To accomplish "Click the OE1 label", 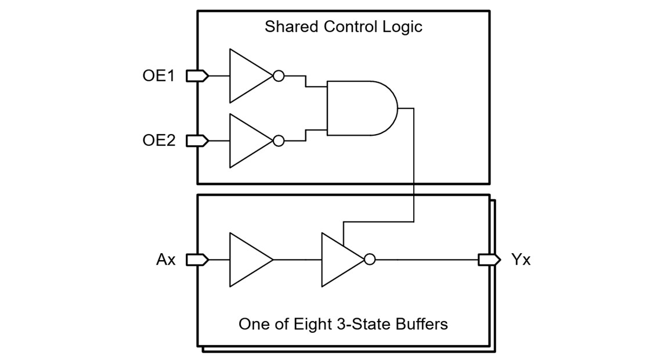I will (x=158, y=76).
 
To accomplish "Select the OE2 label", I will (x=158, y=141).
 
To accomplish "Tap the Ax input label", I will (x=165, y=260).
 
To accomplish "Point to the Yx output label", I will (x=521, y=260).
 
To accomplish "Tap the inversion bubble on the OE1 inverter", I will (x=279, y=76).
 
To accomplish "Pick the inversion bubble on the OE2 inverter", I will (x=279, y=141).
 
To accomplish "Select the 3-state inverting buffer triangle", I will (x=339, y=260).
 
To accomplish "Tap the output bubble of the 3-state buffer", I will (x=370, y=260).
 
